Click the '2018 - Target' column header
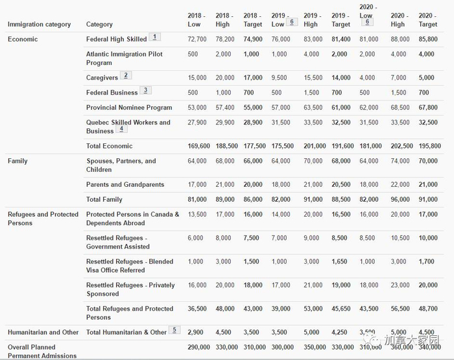tap(252, 19)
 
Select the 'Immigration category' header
tap(39, 25)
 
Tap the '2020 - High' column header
tap(399, 19)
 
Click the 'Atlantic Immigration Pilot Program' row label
tap(124, 58)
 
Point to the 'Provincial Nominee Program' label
tap(129, 108)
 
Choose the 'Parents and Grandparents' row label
tap(125, 185)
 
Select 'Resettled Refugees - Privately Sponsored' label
tap(130, 289)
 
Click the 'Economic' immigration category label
tap(23, 40)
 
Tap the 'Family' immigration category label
tap(18, 161)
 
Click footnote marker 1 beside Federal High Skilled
tap(154, 37)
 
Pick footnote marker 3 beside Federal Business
tap(146, 90)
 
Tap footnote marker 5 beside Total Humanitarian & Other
tap(174, 330)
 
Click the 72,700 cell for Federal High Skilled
tap(197, 40)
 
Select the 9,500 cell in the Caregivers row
tap(280, 78)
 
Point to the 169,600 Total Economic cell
tap(197, 147)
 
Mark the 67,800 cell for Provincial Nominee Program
tap(427, 108)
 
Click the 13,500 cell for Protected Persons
tap(197, 215)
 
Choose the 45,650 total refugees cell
tap(340, 309)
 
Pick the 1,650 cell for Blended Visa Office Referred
tap(340, 262)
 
